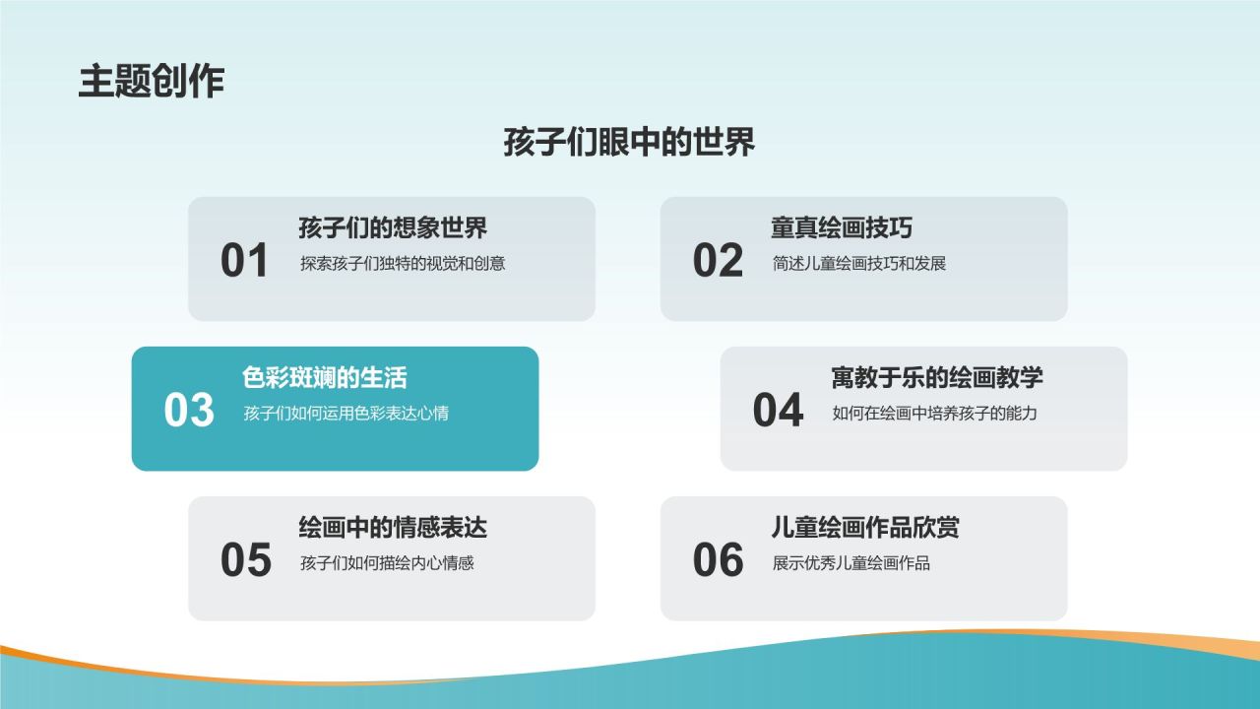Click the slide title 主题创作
152,81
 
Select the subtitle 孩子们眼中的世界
629,142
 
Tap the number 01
244,261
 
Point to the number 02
718,261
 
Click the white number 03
189,411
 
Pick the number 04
778,411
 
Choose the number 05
245,560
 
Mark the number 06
718,560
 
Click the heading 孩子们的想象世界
393,228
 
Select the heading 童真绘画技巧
842,228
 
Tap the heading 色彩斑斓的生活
325,378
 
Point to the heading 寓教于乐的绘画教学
937,378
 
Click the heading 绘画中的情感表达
393,528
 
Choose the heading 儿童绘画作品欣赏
865,528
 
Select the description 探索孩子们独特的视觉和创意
403,264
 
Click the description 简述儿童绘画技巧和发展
859,264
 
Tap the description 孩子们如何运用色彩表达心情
346,414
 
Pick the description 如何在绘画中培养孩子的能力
934,414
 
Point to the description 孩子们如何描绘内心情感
387,563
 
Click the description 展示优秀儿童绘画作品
851,563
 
